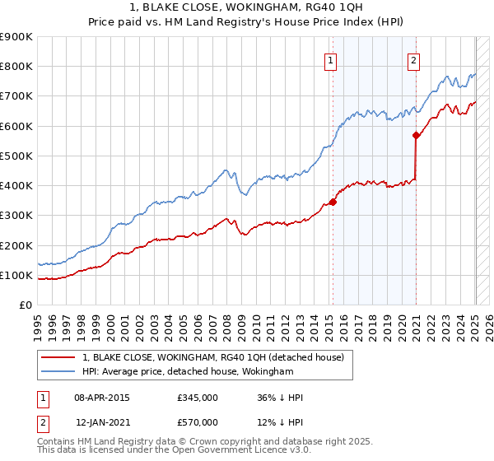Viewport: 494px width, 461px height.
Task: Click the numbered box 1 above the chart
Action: point(330,59)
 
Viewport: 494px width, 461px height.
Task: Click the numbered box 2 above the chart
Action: point(412,59)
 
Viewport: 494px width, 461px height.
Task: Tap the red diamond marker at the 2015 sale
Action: point(333,202)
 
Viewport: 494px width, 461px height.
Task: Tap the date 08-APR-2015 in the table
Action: point(102,398)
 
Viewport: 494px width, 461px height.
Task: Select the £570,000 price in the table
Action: point(198,421)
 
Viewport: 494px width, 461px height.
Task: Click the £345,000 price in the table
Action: point(198,398)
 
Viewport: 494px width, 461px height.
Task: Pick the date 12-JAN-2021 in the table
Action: point(102,421)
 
